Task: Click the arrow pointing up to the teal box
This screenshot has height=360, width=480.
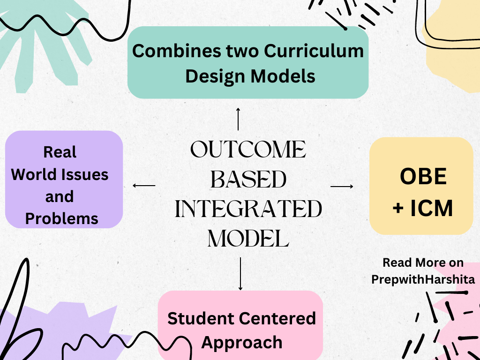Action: [238, 119]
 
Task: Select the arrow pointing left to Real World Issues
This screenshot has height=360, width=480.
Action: [144, 185]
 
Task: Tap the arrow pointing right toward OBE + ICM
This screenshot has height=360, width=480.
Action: [342, 186]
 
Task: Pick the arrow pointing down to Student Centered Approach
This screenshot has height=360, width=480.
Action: [240, 274]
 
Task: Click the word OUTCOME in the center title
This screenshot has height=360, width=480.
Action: [248, 150]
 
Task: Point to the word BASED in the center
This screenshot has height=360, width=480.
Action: [248, 179]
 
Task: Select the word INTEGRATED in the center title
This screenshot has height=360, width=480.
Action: [248, 209]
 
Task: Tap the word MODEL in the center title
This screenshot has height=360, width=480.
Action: [248, 239]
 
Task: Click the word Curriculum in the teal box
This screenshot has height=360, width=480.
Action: [314, 51]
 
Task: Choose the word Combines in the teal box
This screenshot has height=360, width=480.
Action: [176, 51]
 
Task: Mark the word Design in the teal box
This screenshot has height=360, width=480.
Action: [215, 76]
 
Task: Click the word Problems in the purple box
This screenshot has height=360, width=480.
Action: [61, 218]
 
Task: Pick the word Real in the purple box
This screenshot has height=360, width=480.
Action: [60, 152]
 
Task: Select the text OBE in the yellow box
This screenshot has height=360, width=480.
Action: [423, 176]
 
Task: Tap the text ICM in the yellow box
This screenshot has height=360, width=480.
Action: [431, 208]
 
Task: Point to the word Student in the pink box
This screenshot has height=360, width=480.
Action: [201, 318]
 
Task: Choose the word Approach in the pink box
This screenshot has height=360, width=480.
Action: [242, 343]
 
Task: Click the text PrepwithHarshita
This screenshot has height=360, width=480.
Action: [423, 279]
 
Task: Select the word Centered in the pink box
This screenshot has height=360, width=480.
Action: [277, 318]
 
